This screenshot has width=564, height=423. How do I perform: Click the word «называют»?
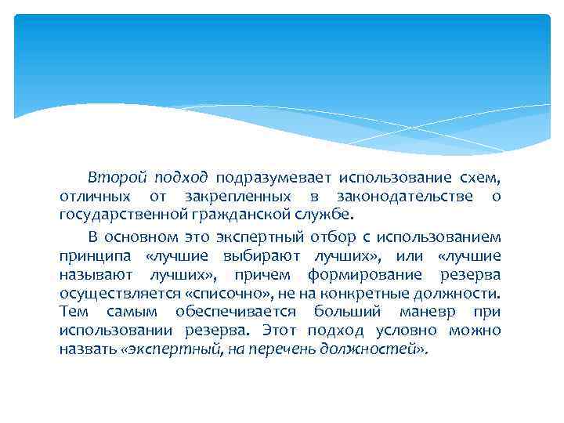(96, 274)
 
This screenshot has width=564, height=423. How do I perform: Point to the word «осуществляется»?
(119, 293)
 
